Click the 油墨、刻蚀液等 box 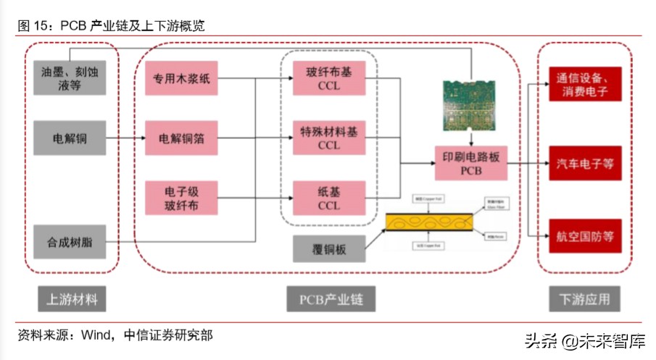click(70, 78)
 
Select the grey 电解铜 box click(70, 138)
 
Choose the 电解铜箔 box click(181, 138)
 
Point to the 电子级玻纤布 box click(181, 198)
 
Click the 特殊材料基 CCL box click(328, 138)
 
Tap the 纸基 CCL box click(328, 198)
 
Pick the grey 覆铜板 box click(328, 249)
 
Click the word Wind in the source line click(95, 335)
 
